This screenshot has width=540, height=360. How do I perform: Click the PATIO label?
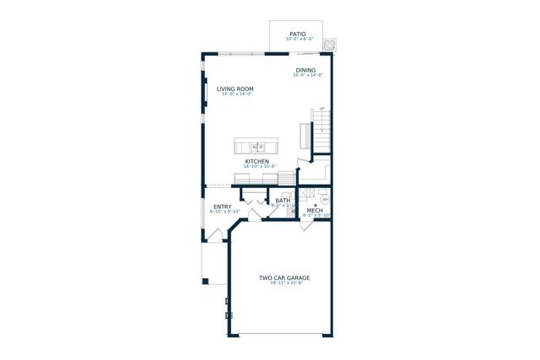point(298,34)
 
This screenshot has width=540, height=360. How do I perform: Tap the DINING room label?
point(305,70)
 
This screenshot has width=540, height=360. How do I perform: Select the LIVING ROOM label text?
point(235,89)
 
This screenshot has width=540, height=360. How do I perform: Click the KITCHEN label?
point(257,161)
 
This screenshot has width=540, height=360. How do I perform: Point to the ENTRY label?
point(223,207)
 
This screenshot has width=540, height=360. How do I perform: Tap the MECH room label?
point(315,210)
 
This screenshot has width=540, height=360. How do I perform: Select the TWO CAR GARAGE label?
point(284,277)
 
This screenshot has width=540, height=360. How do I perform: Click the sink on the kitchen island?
point(258,148)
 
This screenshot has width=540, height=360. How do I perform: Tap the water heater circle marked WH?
point(325,200)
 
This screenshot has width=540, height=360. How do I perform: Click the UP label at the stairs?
point(321,109)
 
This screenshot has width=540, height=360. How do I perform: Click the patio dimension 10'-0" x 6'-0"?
point(298,40)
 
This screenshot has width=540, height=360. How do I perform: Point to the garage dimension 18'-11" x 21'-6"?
point(286,283)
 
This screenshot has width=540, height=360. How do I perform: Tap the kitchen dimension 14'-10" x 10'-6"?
point(257,167)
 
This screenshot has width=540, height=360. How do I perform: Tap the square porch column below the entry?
point(204,281)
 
